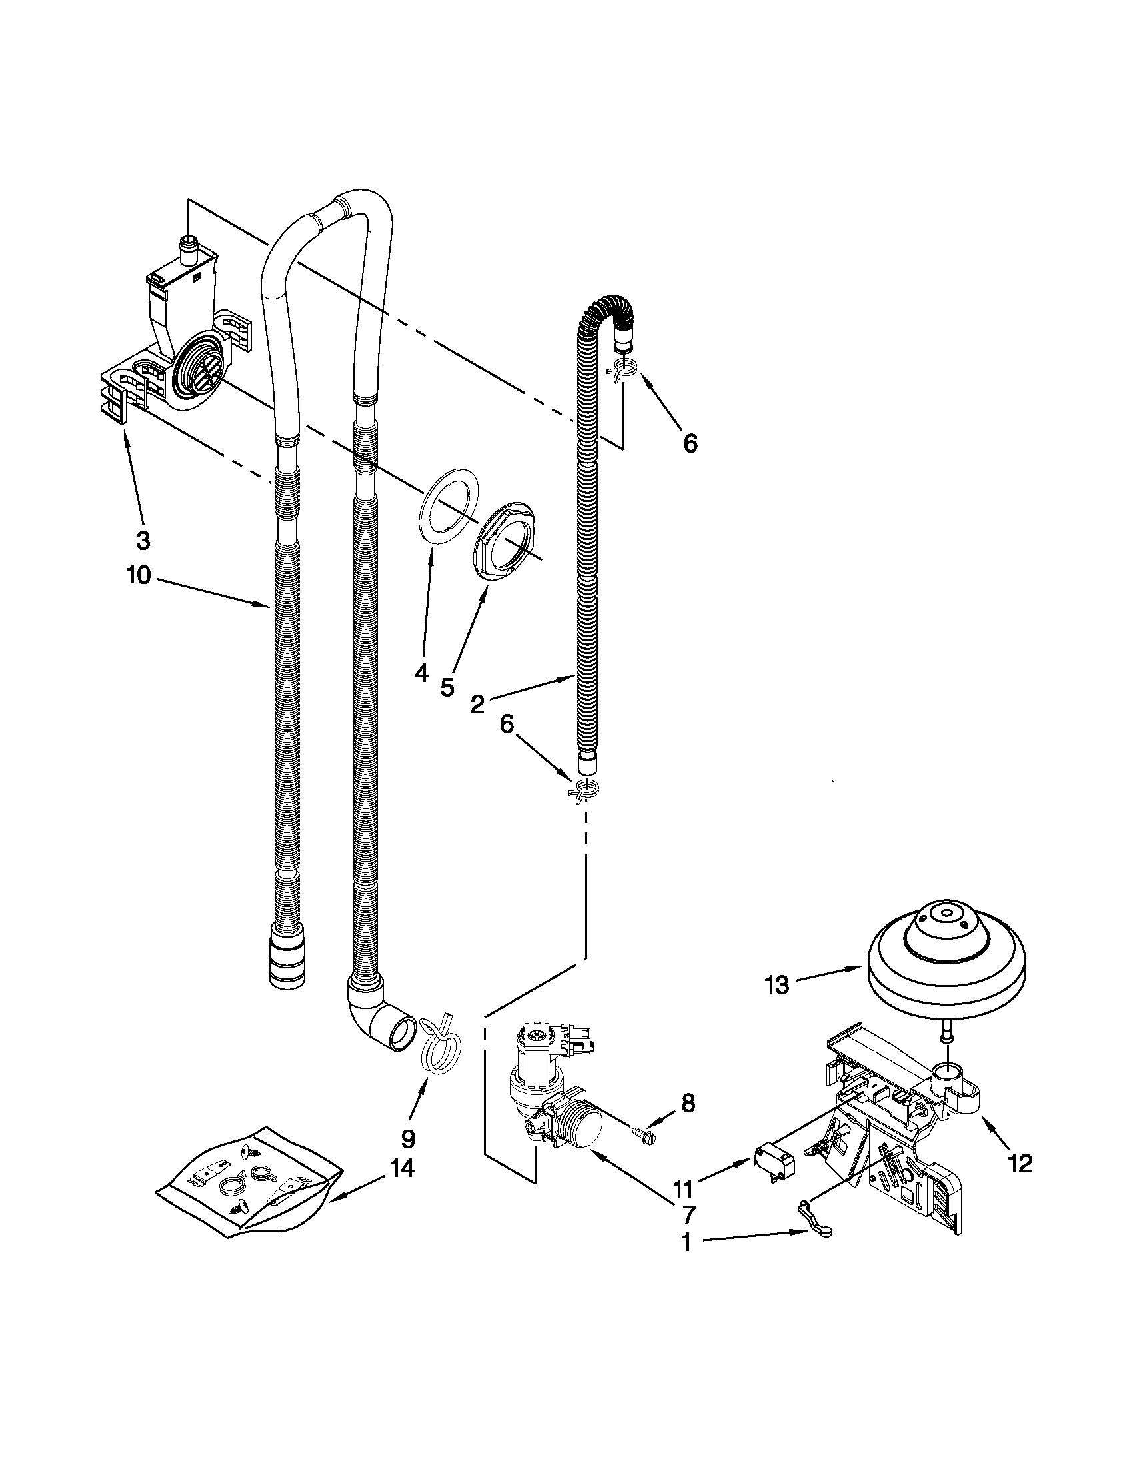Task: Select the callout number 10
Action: (x=140, y=577)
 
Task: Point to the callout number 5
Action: (x=447, y=687)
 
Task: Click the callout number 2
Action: (x=477, y=705)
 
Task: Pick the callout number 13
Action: (x=778, y=986)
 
